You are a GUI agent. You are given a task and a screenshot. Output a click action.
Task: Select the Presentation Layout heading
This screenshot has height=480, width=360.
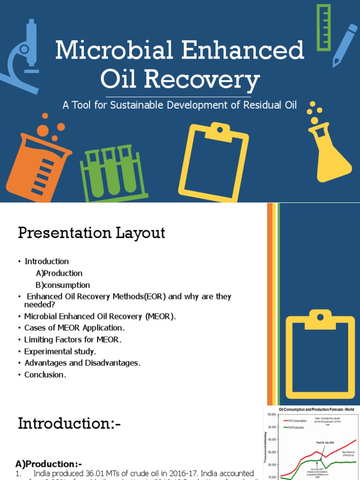[x=91, y=233]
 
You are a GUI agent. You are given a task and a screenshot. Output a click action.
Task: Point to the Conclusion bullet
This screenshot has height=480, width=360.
[x=45, y=375]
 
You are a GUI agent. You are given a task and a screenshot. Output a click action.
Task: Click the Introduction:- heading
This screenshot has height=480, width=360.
[x=69, y=424]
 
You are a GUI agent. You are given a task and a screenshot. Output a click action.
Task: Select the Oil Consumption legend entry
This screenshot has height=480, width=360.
[x=298, y=421]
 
